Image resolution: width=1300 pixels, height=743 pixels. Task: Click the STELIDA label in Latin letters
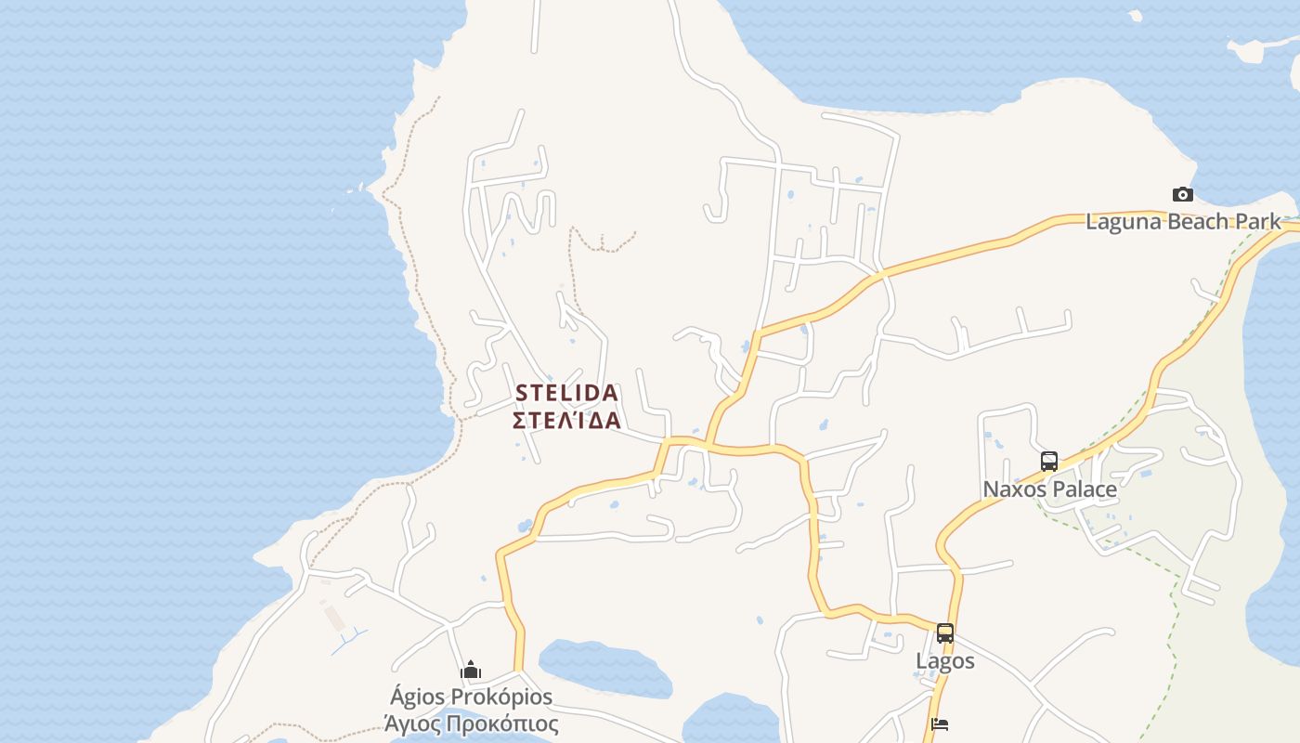(x=565, y=393)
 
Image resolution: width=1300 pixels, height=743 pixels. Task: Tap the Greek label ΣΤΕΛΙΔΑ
(x=565, y=421)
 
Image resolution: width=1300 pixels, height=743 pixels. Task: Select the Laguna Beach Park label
(x=1183, y=222)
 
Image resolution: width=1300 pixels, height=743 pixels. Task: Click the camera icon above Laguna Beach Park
(x=1182, y=194)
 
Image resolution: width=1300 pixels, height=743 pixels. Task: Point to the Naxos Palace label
(x=1049, y=489)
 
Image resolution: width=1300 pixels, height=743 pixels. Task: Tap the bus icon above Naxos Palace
(x=1049, y=461)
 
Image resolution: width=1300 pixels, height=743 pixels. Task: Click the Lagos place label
(x=945, y=660)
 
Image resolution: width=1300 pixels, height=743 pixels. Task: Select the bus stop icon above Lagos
(x=945, y=633)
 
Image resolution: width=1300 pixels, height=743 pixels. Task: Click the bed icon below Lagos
(x=940, y=724)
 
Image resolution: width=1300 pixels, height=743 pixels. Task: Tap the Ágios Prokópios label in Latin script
(x=471, y=697)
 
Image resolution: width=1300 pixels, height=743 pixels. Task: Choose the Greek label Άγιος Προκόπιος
(x=471, y=723)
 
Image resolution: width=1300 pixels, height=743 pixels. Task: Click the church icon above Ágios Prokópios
(x=471, y=670)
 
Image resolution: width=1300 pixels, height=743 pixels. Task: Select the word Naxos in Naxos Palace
(x=1013, y=489)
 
